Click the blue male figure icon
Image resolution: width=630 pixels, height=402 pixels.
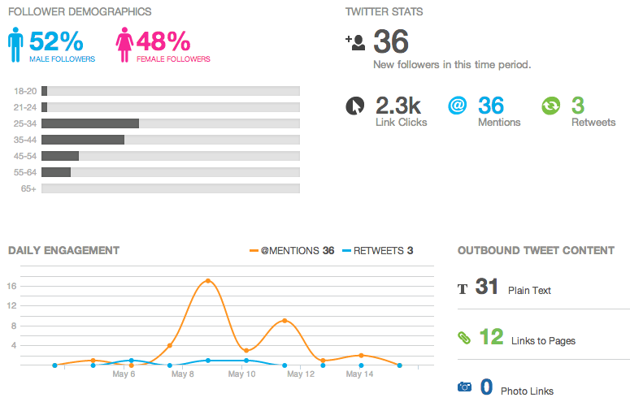click(x=15, y=45)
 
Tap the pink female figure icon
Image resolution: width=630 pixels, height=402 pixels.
click(x=125, y=45)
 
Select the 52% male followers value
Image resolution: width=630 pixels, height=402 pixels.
click(x=56, y=41)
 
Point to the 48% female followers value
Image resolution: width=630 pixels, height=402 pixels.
click(x=163, y=41)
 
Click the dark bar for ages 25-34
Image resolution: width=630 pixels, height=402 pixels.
click(x=90, y=123)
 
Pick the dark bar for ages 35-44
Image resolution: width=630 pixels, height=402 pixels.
click(x=83, y=140)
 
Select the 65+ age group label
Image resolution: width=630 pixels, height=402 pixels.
click(x=28, y=188)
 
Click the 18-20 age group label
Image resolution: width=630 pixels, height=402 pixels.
click(x=25, y=91)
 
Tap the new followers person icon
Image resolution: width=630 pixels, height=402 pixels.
click(x=355, y=42)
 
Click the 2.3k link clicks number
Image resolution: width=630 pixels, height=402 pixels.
click(x=398, y=106)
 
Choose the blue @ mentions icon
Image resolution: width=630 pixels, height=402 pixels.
click(x=458, y=106)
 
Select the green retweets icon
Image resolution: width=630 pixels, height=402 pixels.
click(x=551, y=106)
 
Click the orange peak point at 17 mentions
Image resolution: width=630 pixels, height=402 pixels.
click(x=208, y=281)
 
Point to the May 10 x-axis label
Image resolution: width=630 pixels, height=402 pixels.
click(x=241, y=374)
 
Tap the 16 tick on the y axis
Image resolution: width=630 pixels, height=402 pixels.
click(x=12, y=286)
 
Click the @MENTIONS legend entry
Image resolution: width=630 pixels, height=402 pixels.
click(x=289, y=251)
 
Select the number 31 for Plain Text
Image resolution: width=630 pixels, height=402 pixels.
click(x=486, y=287)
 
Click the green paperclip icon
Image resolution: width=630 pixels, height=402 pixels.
click(x=464, y=337)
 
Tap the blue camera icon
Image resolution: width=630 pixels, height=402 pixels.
click(x=464, y=387)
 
